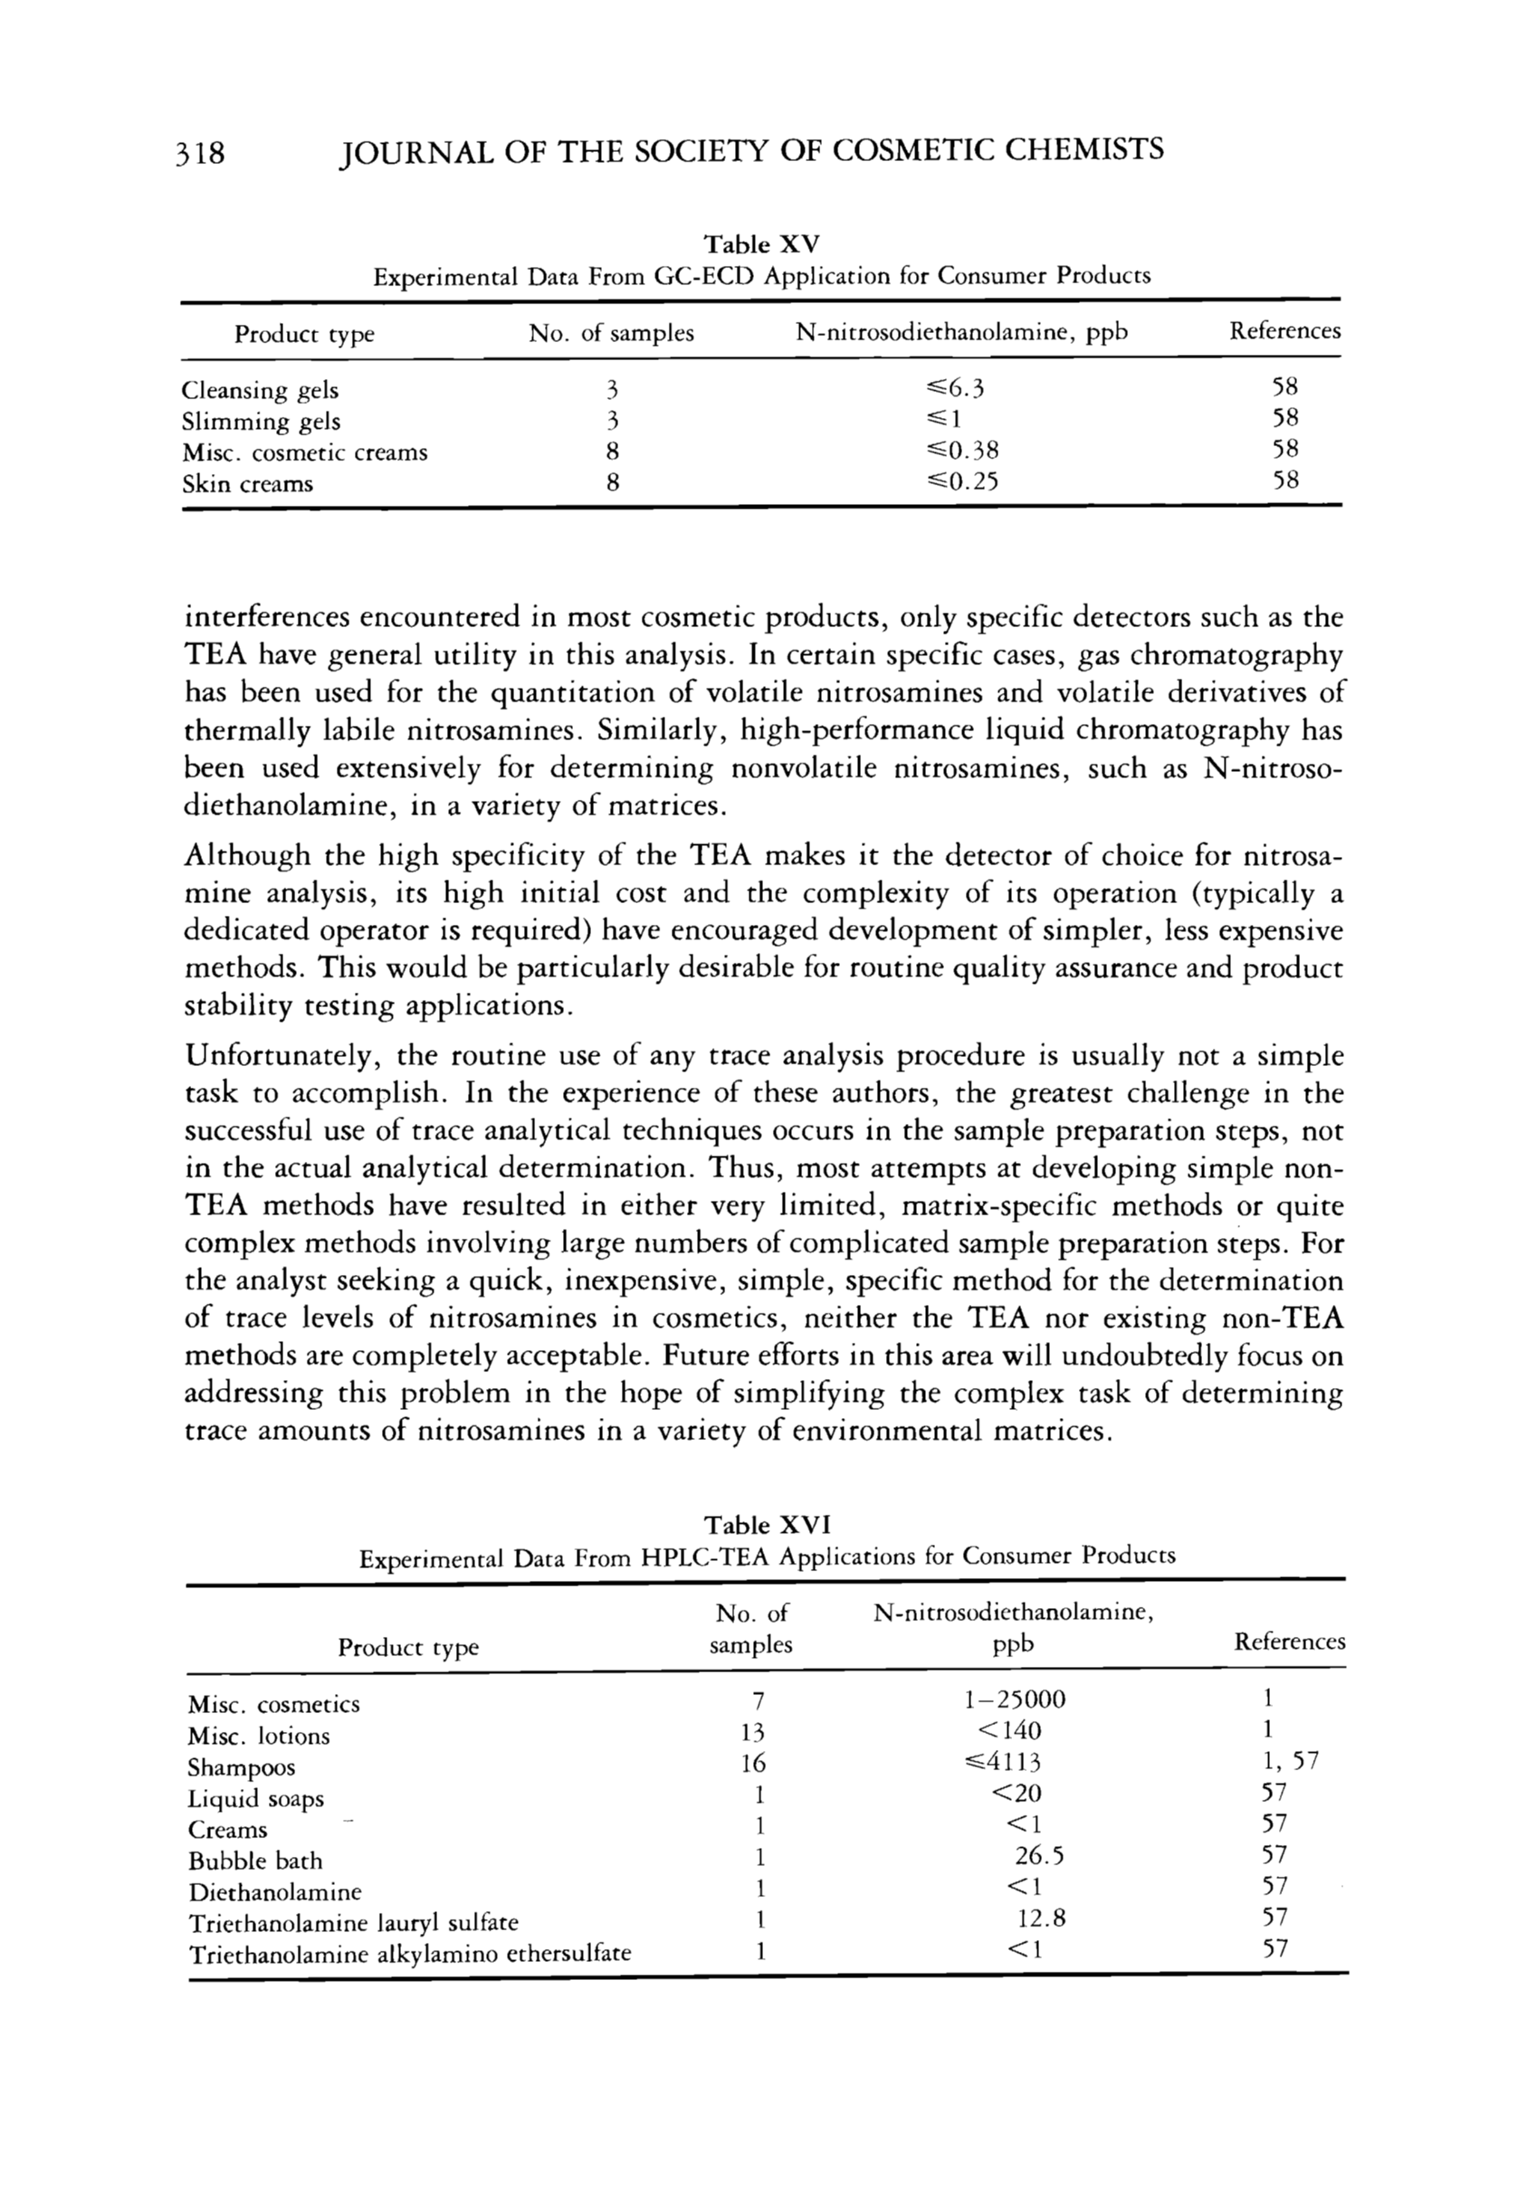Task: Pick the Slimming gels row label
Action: pos(261,421)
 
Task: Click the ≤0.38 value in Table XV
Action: pos(956,451)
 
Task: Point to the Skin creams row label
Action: pos(247,483)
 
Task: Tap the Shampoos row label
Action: pos(241,1766)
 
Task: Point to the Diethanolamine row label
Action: pos(274,1892)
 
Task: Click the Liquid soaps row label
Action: pos(255,1798)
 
